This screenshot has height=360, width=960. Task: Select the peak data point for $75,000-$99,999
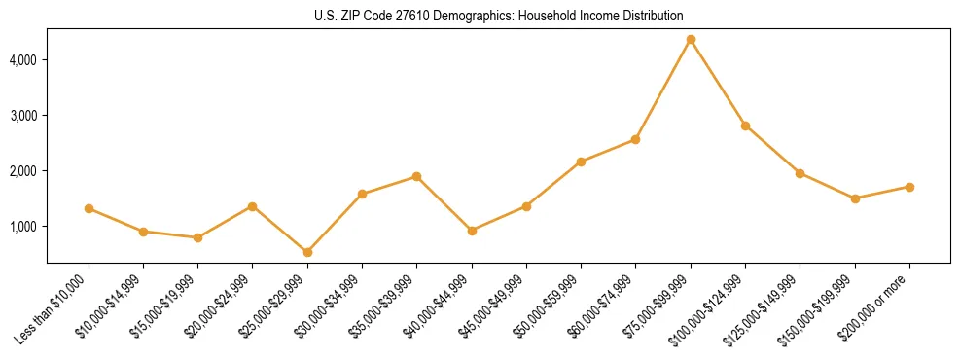tap(691, 39)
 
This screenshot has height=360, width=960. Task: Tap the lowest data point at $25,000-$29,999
tap(307, 252)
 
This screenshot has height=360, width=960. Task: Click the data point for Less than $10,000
tap(89, 208)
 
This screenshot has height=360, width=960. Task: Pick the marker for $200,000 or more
tap(909, 187)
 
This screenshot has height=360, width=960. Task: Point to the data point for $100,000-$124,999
tap(745, 126)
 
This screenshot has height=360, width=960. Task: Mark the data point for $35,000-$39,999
tap(416, 176)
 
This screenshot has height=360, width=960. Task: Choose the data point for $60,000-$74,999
tap(635, 139)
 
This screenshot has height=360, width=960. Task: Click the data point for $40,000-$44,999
tap(472, 231)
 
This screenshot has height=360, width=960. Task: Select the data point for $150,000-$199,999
tap(855, 198)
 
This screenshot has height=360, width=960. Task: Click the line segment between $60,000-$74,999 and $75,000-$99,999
tap(663, 89)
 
